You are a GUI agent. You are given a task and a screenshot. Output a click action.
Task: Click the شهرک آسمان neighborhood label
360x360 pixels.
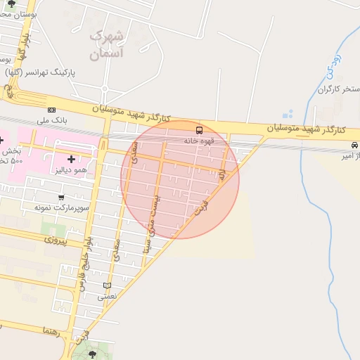click(x=107, y=44)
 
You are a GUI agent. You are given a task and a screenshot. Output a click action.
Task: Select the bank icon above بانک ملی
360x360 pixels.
click(x=51, y=110)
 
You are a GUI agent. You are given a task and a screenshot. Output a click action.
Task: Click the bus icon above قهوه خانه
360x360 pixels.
click(x=199, y=130)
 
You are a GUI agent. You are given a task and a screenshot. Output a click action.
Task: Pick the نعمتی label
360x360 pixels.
click(x=107, y=297)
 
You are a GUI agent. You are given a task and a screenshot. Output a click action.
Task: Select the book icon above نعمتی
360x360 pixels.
click(x=107, y=285)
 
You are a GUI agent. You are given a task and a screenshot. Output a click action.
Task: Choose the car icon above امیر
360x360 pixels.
click(x=354, y=145)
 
